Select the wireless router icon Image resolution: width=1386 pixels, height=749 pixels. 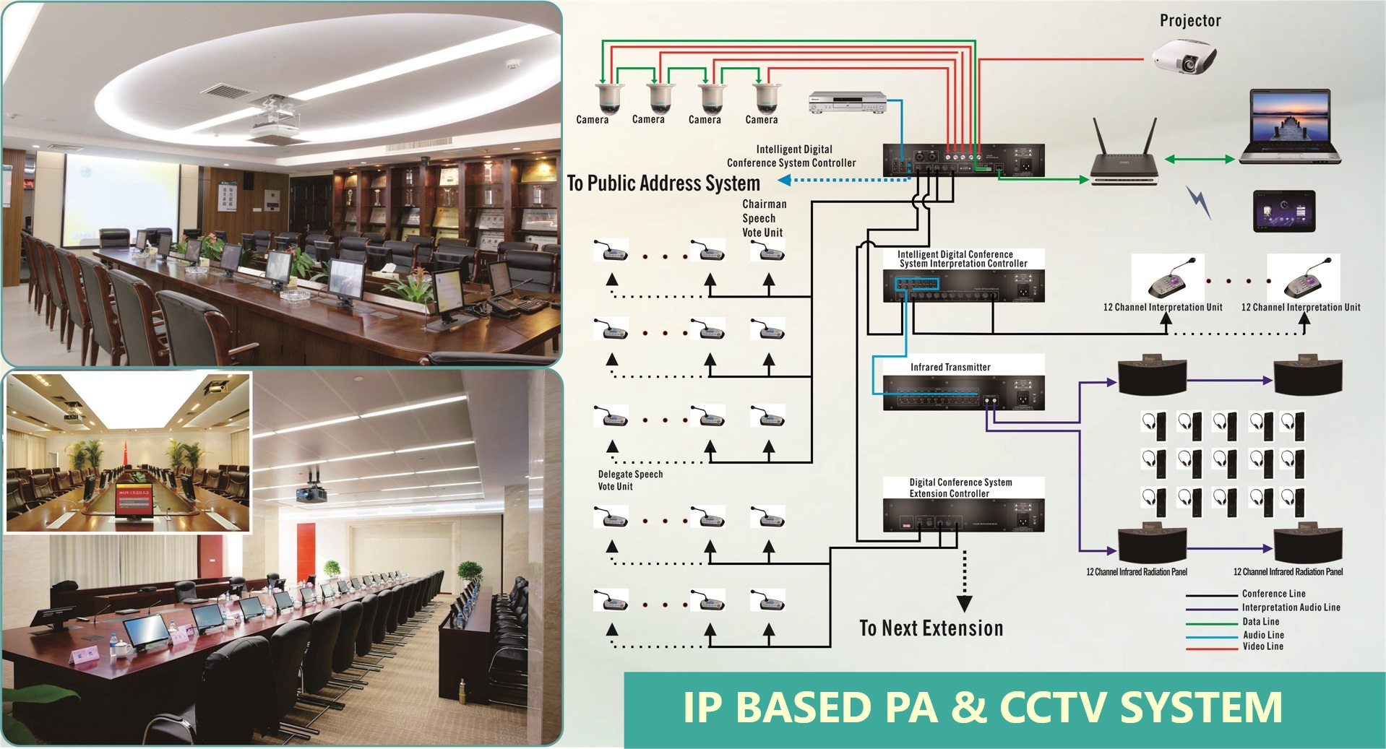(1124, 157)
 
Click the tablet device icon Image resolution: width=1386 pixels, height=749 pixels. (1283, 211)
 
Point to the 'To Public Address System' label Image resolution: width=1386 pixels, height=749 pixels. (663, 183)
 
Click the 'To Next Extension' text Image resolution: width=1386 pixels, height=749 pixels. (931, 628)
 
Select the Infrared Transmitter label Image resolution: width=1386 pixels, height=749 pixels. (950, 367)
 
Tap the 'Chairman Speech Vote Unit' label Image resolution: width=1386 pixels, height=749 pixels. (764, 218)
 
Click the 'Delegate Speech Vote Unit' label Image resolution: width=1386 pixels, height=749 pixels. (629, 480)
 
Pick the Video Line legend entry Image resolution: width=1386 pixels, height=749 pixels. (1262, 646)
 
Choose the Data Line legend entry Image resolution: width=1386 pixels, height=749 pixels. (1260, 621)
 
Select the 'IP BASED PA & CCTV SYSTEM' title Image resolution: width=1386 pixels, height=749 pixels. (983, 707)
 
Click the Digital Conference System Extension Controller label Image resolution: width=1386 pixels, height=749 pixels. (960, 488)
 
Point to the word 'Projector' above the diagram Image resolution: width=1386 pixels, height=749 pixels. (1190, 21)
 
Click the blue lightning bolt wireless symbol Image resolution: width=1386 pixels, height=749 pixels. (1199, 203)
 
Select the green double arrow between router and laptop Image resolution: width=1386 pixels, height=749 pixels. (1199, 159)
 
